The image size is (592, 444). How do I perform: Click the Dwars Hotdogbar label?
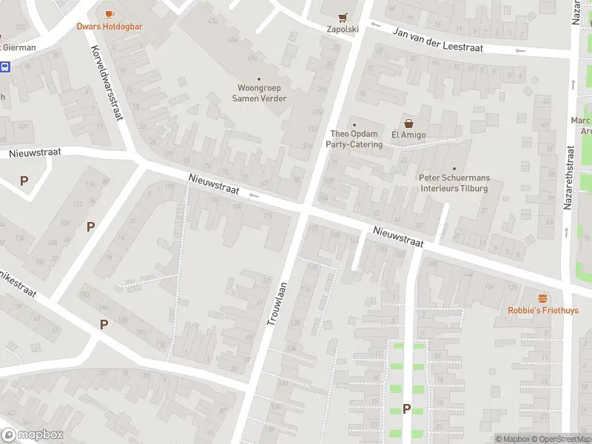click(x=110, y=27)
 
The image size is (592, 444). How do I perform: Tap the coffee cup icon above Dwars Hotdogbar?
click(x=110, y=14)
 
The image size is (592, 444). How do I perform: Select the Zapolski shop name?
click(x=342, y=30)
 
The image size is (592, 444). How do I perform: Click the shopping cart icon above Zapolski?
click(x=342, y=17)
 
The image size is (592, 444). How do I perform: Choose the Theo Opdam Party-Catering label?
click(x=356, y=139)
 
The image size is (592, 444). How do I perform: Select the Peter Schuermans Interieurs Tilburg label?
click(x=454, y=183)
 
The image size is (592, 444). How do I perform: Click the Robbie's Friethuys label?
click(x=543, y=311)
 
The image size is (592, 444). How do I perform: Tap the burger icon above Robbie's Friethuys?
click(x=543, y=298)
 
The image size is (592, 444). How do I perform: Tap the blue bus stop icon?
click(x=5, y=67)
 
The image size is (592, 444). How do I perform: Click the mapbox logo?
click(x=33, y=435)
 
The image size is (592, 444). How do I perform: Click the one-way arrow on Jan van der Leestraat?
click(x=520, y=50)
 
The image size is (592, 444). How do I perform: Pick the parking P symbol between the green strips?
click(x=406, y=408)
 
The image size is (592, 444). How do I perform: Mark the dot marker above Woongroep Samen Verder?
click(x=259, y=79)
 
